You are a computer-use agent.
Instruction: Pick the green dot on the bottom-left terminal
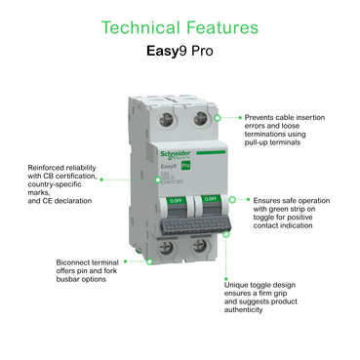tap(153, 261)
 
